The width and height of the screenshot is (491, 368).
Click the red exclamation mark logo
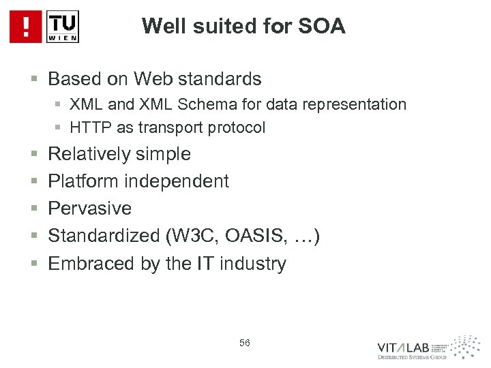point(25,27)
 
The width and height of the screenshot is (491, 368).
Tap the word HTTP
point(83,127)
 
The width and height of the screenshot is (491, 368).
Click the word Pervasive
point(89,208)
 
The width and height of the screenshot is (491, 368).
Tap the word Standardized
point(103,235)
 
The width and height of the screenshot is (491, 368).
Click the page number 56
point(245,343)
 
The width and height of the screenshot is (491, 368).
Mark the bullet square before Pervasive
point(33,209)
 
